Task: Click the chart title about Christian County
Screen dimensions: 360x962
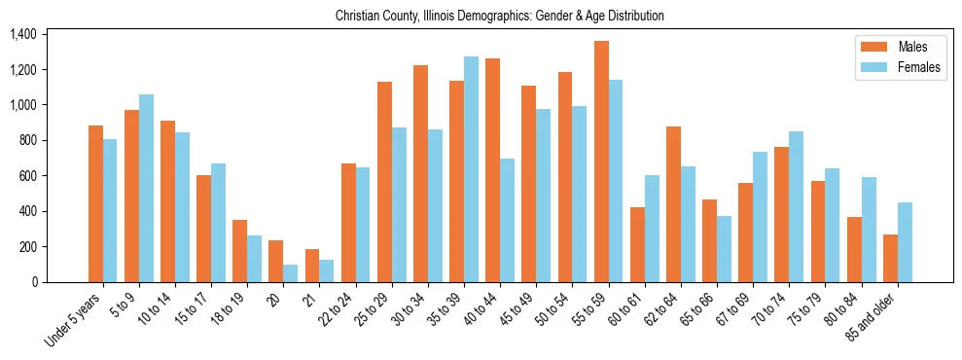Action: [x=499, y=17]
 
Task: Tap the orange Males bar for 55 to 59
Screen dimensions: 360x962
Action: [x=601, y=162]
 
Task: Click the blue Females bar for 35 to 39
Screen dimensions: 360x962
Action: [x=471, y=169]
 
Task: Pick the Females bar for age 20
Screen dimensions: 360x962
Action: [x=291, y=273]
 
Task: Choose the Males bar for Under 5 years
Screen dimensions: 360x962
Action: [x=95, y=203]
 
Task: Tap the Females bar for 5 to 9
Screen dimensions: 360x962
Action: [x=146, y=188]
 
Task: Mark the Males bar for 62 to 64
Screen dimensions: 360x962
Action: [x=673, y=204]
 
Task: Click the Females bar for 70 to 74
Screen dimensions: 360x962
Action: [x=797, y=206]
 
